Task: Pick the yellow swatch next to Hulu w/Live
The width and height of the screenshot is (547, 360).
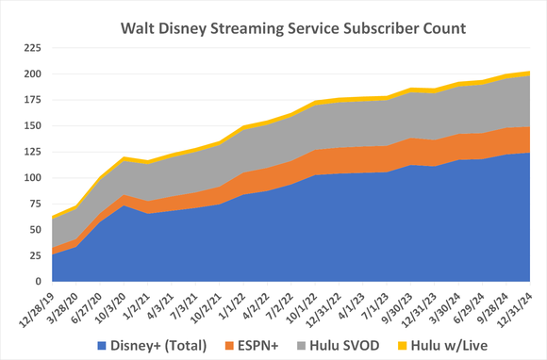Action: [x=405, y=345]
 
